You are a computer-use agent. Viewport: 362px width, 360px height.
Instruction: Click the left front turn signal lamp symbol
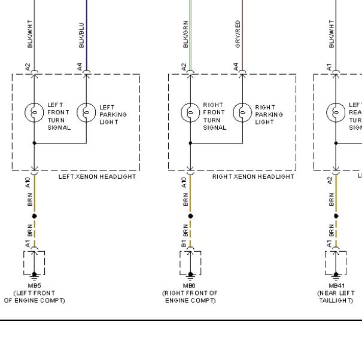coord(34,111)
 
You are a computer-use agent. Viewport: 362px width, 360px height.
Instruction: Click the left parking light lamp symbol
coord(87,111)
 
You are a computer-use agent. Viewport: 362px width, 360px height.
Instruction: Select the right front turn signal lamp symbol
coord(190,111)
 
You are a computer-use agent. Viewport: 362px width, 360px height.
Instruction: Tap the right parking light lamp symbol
coord(242,111)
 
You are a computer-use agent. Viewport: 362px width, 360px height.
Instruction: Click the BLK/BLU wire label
coord(81,36)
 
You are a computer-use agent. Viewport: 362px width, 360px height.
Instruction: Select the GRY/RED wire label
coord(238,34)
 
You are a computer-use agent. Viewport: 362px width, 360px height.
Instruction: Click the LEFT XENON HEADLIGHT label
coord(98,177)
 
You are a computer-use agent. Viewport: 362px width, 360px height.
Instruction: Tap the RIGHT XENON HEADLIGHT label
coord(253,177)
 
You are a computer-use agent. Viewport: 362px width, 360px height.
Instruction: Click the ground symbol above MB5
coord(34,275)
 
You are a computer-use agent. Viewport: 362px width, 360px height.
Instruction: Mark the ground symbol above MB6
coord(190,275)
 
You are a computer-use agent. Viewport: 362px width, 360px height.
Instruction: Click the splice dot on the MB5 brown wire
coord(34,215)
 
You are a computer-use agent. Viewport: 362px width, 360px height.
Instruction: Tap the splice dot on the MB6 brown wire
coord(190,215)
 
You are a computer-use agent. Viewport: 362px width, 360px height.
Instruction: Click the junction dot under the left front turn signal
coord(34,144)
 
